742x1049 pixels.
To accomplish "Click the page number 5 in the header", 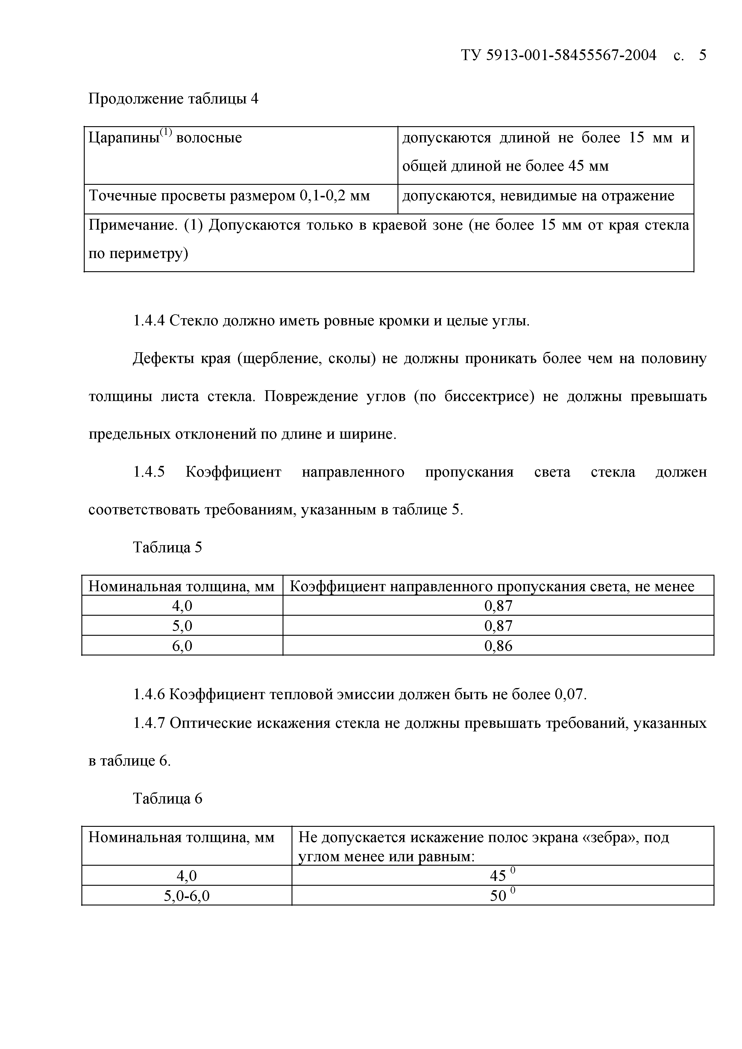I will coord(702,55).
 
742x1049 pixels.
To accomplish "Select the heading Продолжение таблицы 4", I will coord(173,99).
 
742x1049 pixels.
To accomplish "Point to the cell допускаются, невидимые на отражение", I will coord(538,196).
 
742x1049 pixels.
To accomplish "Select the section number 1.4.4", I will coord(148,321).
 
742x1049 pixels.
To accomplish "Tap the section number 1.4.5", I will coord(148,472).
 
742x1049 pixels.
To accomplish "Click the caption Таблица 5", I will coord(167,547).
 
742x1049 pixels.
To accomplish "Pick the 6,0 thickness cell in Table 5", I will coord(182,646).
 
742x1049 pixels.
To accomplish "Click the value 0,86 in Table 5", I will coord(498,646).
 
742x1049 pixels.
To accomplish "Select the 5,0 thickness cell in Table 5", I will coord(182,626).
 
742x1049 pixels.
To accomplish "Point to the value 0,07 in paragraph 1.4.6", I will coord(570,694).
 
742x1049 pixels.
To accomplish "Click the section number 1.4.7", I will coord(148,723).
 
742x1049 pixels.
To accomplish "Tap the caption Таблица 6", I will coord(167,798).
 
